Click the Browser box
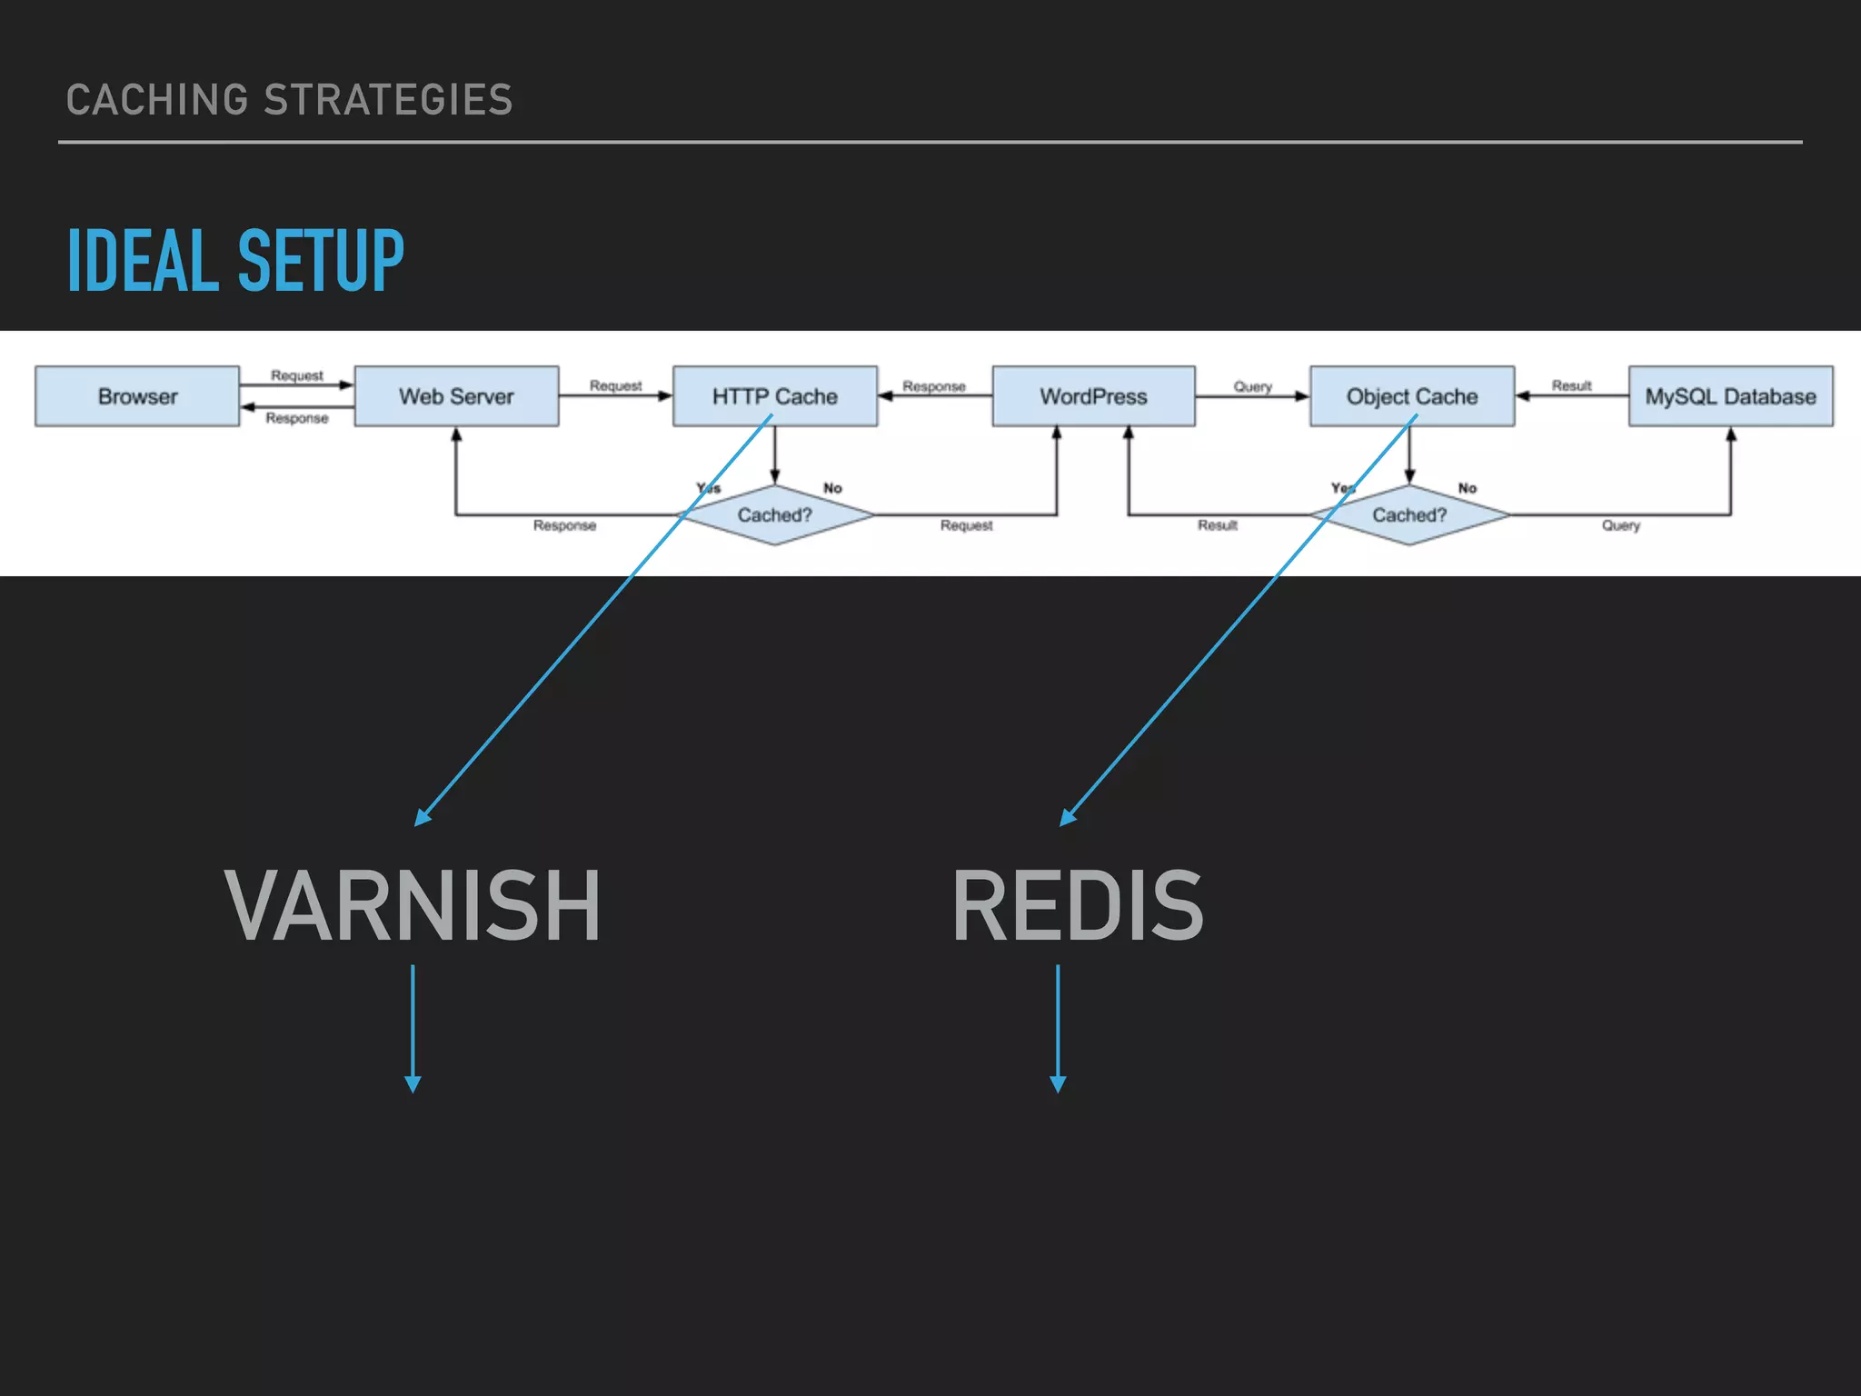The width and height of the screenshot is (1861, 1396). click(x=137, y=396)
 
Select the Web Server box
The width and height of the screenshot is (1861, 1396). click(x=456, y=396)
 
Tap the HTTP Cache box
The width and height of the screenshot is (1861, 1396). click(x=775, y=396)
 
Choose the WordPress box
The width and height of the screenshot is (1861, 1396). click(x=1093, y=396)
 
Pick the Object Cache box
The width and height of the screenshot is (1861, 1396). click(x=1412, y=396)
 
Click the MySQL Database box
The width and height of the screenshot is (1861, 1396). click(x=1730, y=396)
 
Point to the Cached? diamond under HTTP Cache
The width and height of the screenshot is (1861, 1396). click(x=775, y=515)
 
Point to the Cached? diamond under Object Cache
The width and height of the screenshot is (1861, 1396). click(x=1409, y=515)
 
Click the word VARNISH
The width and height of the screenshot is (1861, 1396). click(x=412, y=905)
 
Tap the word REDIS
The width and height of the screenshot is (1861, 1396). click(x=1078, y=905)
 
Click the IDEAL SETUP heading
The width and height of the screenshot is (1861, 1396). click(x=235, y=261)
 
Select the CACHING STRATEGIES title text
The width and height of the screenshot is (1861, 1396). click(x=289, y=100)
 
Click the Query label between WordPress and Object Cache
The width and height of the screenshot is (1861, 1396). click(x=1252, y=386)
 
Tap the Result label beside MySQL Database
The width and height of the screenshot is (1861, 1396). click(x=1571, y=385)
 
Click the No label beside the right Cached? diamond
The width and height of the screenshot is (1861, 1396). click(x=1467, y=488)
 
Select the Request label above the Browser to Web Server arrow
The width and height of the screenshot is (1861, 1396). click(x=296, y=375)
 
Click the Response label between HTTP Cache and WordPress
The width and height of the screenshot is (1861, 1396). click(x=933, y=386)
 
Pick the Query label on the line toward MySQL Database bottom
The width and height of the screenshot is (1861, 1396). click(x=1620, y=525)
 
